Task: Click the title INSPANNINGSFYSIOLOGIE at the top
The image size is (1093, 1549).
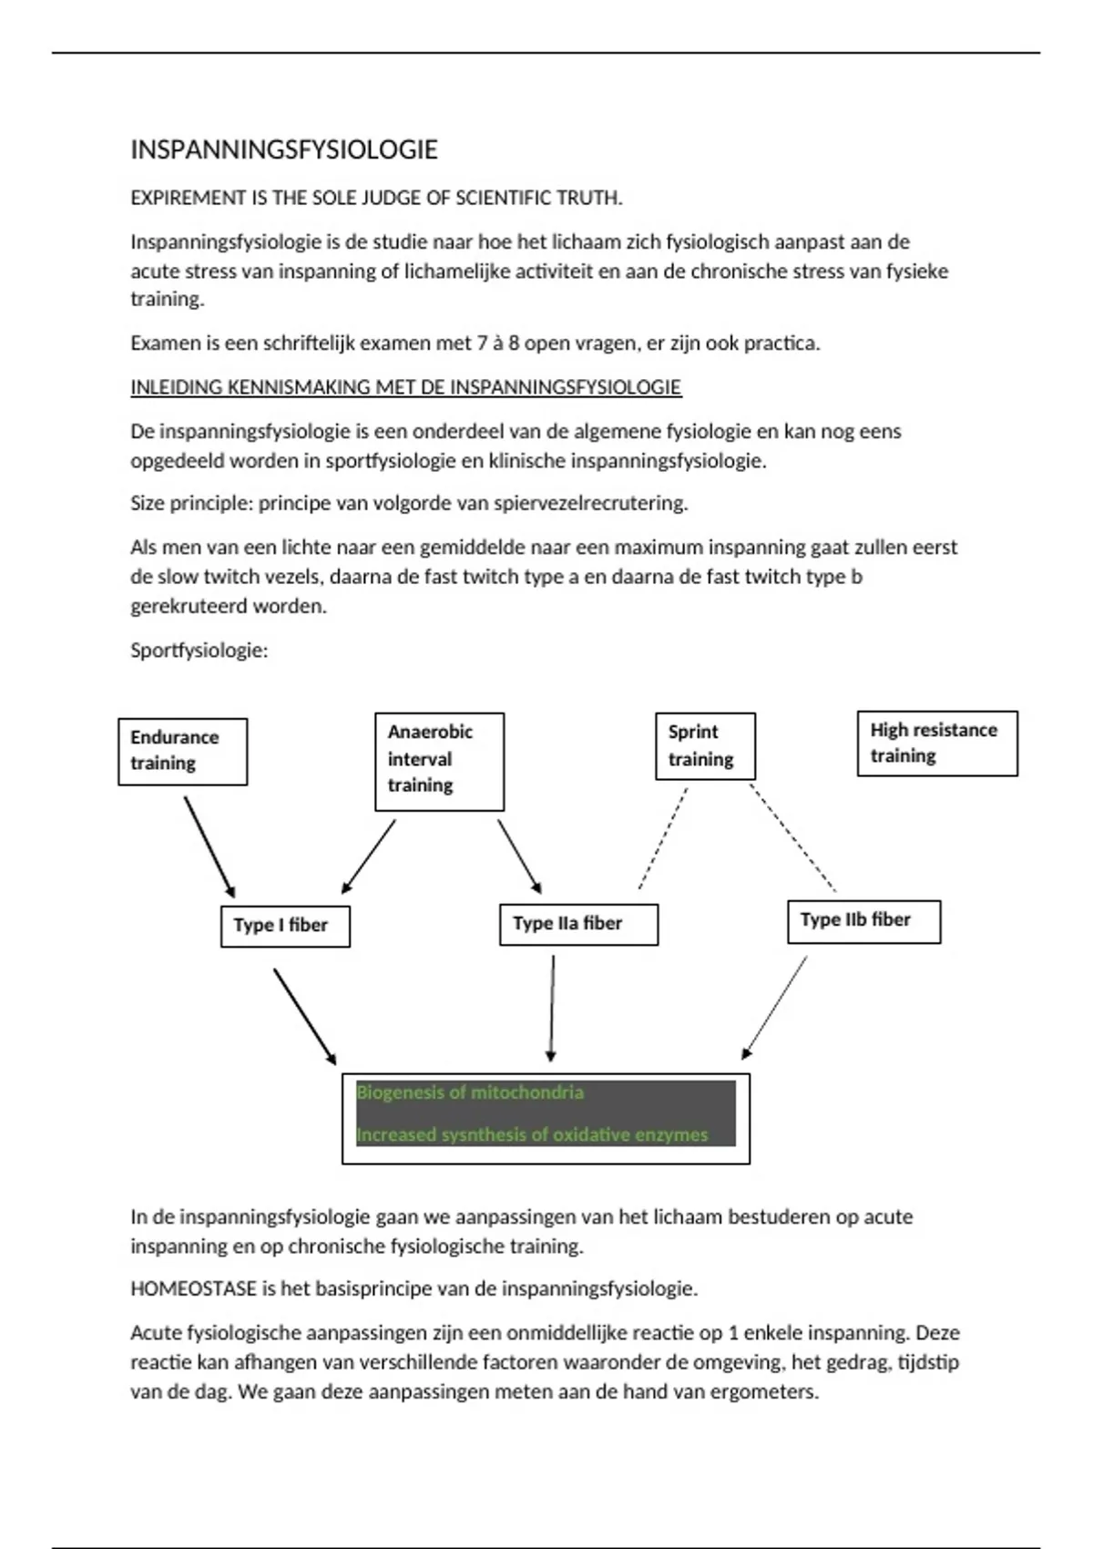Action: pyautogui.click(x=284, y=150)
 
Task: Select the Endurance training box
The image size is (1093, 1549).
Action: pyautogui.click(x=182, y=751)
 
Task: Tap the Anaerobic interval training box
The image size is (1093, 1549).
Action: pyautogui.click(x=439, y=761)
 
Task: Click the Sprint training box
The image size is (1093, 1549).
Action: pyautogui.click(x=705, y=746)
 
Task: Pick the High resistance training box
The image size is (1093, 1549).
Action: pyautogui.click(x=937, y=744)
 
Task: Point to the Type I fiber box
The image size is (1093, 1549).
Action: pyautogui.click(x=285, y=926)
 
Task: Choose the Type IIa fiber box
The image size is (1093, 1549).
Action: pyautogui.click(x=578, y=924)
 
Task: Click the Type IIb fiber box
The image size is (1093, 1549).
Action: pyautogui.click(x=863, y=921)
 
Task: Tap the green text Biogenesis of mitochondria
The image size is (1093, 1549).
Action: pyautogui.click(x=470, y=1093)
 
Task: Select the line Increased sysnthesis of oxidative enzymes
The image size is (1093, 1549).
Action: pyautogui.click(x=532, y=1135)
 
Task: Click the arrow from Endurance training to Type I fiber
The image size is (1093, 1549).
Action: pyautogui.click(x=209, y=846)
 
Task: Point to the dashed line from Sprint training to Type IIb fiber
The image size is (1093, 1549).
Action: pyautogui.click(x=792, y=837)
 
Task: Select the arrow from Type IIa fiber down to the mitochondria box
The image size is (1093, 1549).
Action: pyautogui.click(x=552, y=1008)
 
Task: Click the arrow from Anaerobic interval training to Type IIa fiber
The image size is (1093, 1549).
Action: pyautogui.click(x=519, y=856)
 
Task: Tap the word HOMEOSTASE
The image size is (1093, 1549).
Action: pyautogui.click(x=193, y=1289)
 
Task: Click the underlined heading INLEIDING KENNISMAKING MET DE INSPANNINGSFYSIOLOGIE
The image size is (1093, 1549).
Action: pyautogui.click(x=405, y=387)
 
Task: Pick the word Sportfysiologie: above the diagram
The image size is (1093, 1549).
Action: pyautogui.click(x=199, y=651)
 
